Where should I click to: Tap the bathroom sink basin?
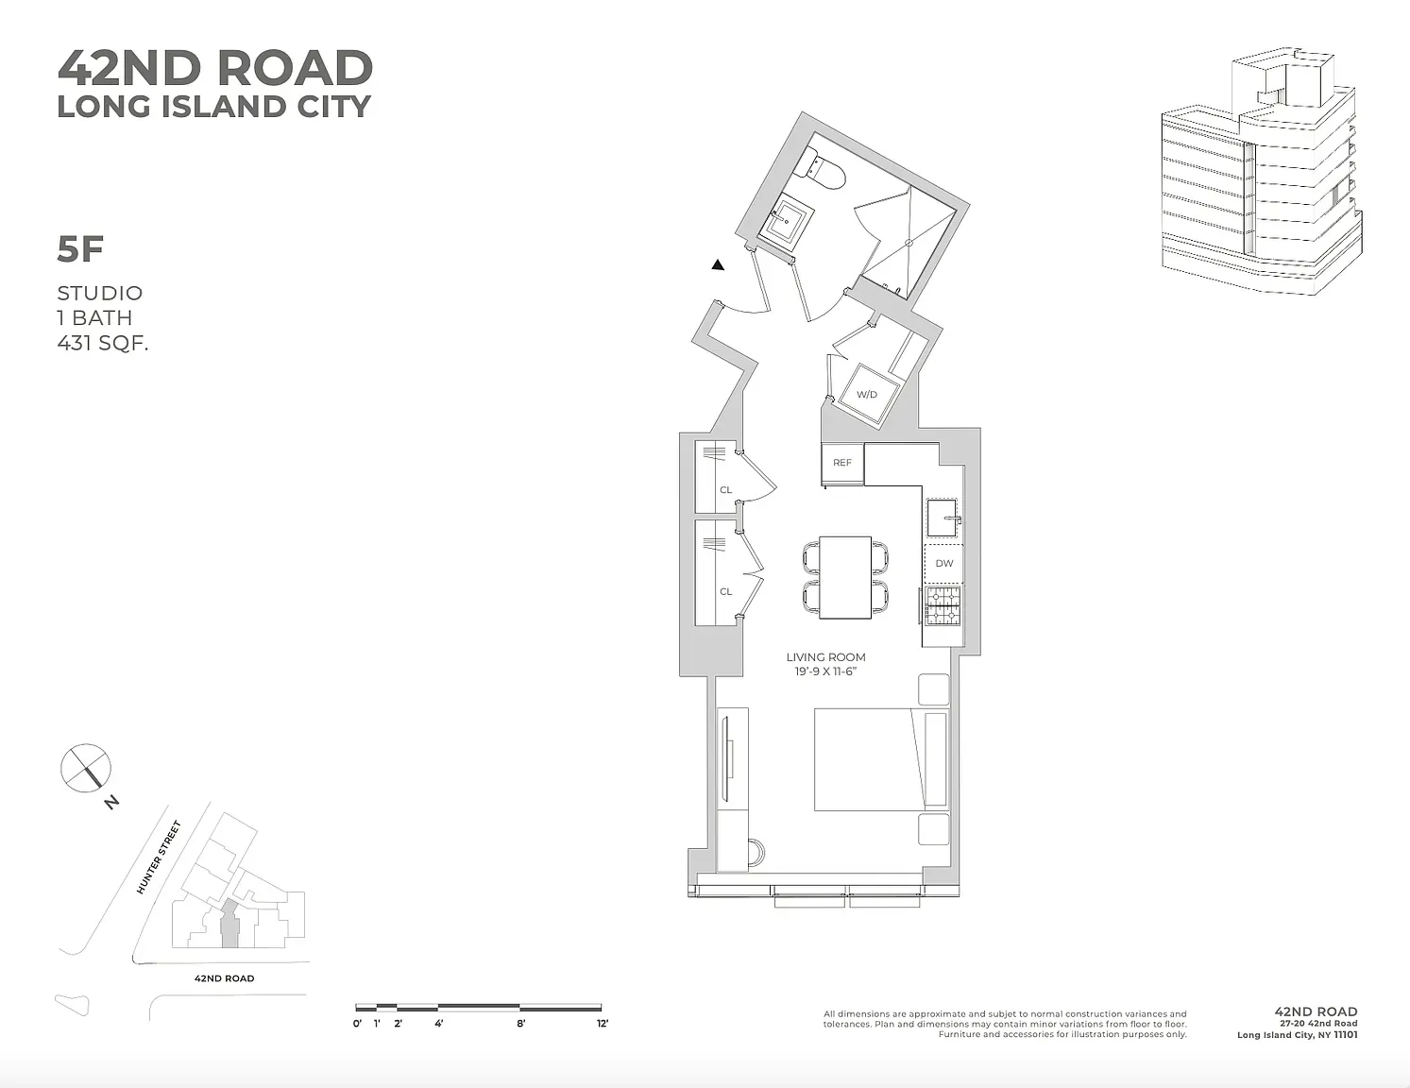point(784,224)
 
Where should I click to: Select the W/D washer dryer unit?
point(867,394)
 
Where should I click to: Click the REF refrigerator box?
point(842,463)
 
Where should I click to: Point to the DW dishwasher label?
point(944,563)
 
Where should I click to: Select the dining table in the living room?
point(845,577)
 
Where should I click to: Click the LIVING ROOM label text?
point(825,657)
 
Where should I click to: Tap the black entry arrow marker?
point(718,265)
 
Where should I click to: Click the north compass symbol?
point(86,767)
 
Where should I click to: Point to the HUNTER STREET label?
point(158,858)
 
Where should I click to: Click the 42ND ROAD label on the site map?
point(224,978)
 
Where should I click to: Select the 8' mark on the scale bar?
point(520,1023)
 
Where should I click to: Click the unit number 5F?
point(80,249)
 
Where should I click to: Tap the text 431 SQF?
point(103,343)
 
